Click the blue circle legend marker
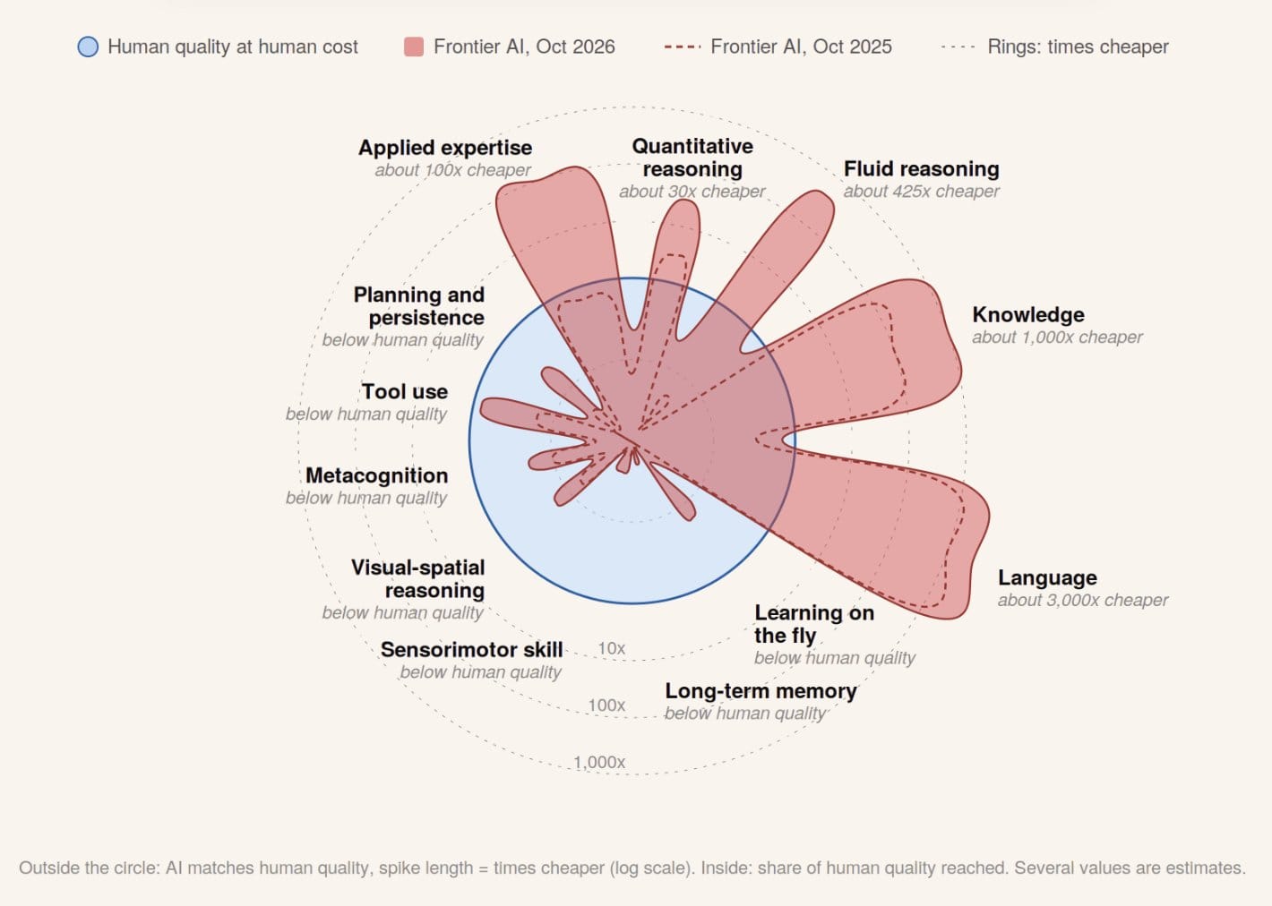click(x=88, y=47)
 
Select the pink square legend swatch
click(x=414, y=47)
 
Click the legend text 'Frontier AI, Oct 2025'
click(x=801, y=47)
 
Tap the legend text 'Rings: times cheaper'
click(x=1078, y=47)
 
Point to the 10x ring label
click(x=611, y=648)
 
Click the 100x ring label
click(x=606, y=705)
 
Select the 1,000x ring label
click(x=599, y=762)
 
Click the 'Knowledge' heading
click(x=1027, y=314)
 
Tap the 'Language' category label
click(x=1047, y=577)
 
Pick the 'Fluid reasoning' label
click(x=921, y=168)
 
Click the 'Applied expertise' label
click(x=445, y=148)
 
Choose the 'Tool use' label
click(x=405, y=392)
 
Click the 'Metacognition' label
click(x=376, y=475)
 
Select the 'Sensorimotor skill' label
click(x=471, y=649)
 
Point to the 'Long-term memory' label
click(x=761, y=691)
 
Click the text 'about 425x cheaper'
click(x=921, y=192)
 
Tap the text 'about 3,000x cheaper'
click(x=1083, y=600)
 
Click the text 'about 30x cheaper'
click(x=692, y=192)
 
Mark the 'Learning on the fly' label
click(x=814, y=624)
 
